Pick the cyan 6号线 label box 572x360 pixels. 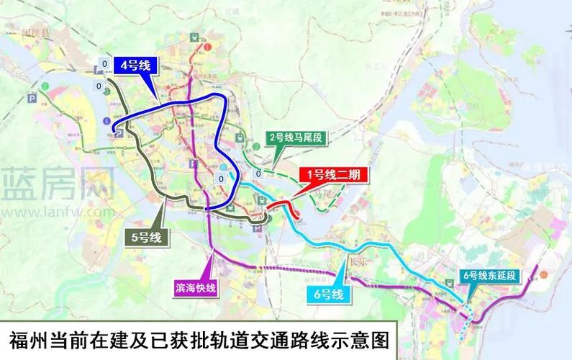[x=327, y=294]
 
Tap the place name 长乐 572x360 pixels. [x=357, y=263]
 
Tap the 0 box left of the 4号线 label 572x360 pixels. [x=105, y=65]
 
